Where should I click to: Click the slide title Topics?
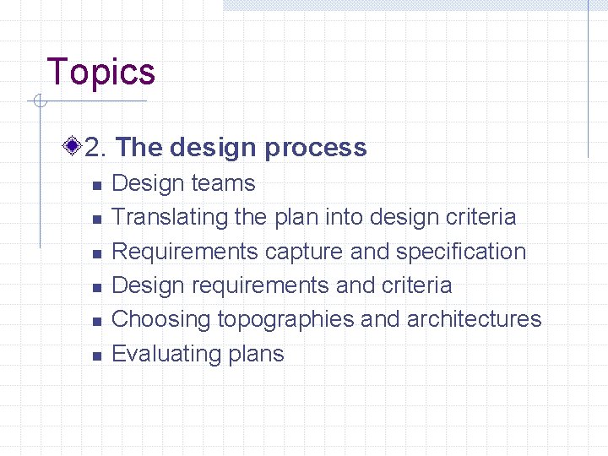pos(101,72)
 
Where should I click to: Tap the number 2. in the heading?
pos(95,148)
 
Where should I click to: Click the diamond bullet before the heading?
pos(73,147)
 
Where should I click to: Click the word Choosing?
pos(161,319)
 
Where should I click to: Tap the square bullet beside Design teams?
pos(96,185)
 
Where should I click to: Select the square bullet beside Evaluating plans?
pos(96,356)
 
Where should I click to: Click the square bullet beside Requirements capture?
pos(96,253)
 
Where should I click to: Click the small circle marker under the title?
pos(38,102)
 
